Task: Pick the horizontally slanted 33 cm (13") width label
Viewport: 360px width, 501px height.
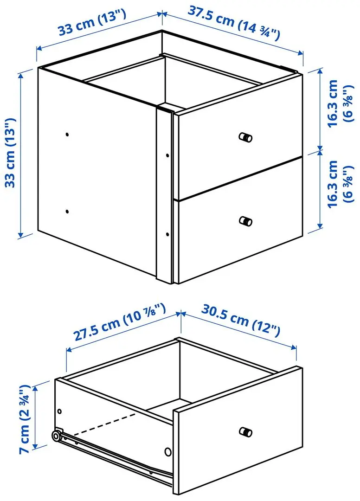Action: click(92, 24)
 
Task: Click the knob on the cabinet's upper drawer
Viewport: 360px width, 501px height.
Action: click(245, 137)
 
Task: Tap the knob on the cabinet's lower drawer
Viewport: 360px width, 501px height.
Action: click(245, 220)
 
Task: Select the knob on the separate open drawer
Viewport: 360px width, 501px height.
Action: click(245, 432)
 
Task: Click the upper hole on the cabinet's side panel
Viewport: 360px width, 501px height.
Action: click(67, 135)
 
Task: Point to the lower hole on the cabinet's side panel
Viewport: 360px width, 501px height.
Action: click(67, 211)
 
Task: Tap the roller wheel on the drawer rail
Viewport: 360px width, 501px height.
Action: click(56, 436)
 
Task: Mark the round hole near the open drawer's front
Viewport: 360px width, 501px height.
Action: click(167, 451)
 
